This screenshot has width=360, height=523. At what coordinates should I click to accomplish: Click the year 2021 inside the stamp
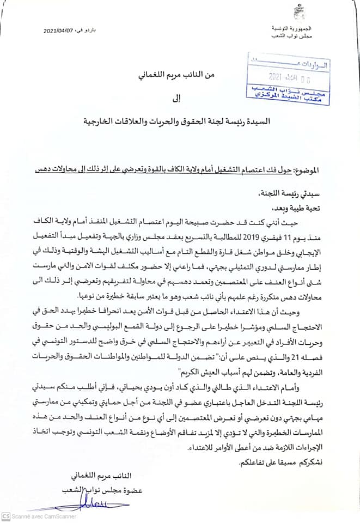279,76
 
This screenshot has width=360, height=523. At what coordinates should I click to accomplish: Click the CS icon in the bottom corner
6,516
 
